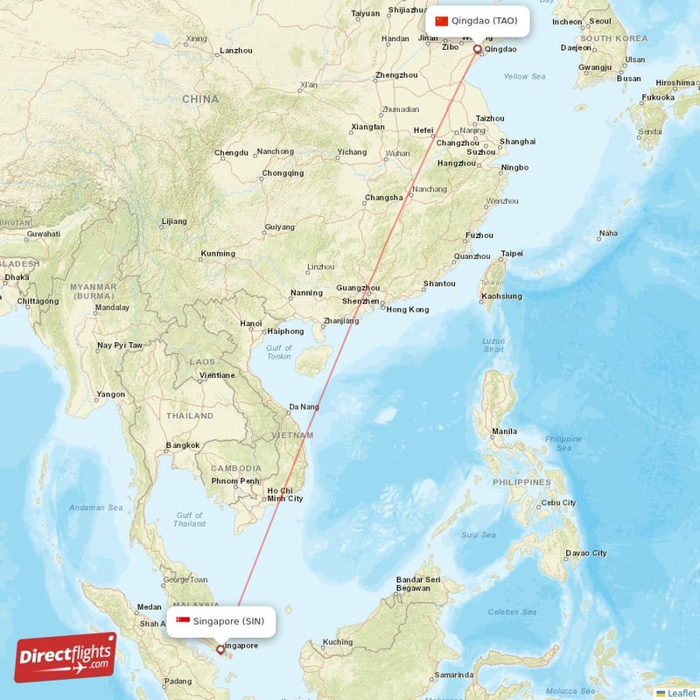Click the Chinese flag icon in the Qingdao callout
(x=441, y=21)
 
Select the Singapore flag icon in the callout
(x=183, y=621)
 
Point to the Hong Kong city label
(x=408, y=310)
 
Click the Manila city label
(x=504, y=431)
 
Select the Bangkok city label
(x=182, y=445)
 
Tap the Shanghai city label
(x=517, y=142)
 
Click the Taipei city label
(x=511, y=254)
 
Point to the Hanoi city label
(x=250, y=324)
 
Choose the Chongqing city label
(x=283, y=173)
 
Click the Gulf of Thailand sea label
(x=190, y=520)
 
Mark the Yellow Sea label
(x=524, y=77)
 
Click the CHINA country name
(x=200, y=100)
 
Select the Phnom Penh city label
(x=234, y=480)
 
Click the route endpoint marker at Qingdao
(x=477, y=50)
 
